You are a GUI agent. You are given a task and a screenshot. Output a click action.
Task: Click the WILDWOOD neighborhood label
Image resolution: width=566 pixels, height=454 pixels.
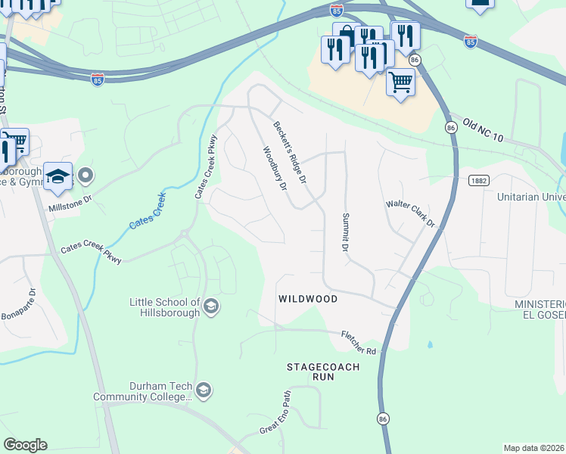[x=307, y=299]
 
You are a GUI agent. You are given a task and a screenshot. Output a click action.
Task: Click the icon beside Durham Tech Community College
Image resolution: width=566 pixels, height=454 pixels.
[x=203, y=390]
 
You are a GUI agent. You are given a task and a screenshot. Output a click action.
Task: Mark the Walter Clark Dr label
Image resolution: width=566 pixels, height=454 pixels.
[x=411, y=213]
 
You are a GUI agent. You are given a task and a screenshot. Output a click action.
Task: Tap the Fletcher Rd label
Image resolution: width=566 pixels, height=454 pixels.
[x=359, y=342]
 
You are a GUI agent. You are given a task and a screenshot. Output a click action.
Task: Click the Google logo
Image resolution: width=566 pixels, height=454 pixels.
[x=25, y=445]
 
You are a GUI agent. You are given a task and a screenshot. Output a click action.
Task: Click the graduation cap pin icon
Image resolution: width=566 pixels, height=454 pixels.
[x=58, y=177]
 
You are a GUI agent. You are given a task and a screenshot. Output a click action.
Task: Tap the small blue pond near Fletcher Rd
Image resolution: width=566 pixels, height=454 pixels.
[x=430, y=345]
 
